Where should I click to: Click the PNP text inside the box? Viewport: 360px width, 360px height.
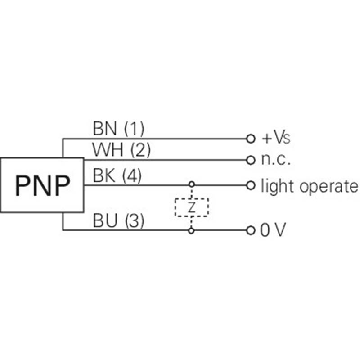point(42,185)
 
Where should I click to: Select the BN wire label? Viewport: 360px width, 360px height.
point(105,129)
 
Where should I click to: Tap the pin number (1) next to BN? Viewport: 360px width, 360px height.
point(134,129)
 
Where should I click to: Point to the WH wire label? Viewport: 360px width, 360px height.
point(108,149)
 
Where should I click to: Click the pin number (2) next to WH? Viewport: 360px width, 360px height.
point(140,150)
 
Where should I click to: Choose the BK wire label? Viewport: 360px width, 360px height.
point(104,175)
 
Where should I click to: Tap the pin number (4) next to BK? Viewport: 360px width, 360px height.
point(132,175)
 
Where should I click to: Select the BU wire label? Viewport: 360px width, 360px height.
point(105,220)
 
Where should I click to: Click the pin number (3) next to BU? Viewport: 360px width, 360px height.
point(135,220)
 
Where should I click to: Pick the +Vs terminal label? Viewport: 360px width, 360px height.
point(276,138)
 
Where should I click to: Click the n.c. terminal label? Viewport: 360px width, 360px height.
point(276,160)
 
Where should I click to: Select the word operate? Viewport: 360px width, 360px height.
point(328,187)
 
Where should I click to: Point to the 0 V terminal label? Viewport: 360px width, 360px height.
point(273,229)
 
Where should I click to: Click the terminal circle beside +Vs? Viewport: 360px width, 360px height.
point(251,139)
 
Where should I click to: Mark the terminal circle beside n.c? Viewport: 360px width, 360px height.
point(251,160)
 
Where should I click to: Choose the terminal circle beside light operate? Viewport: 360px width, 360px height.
point(251,185)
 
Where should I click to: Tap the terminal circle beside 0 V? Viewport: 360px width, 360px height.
point(251,230)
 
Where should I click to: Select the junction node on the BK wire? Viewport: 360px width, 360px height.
point(192,184)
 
